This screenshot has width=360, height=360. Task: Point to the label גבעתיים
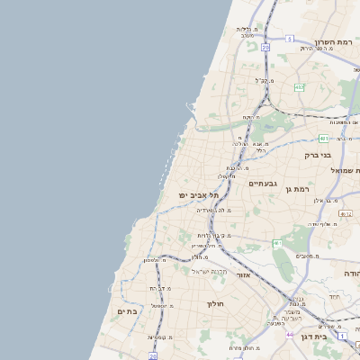[262, 183]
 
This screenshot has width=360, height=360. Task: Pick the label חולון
[219, 304]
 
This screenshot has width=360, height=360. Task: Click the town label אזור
[243, 274]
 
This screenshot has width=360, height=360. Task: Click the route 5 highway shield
[290, 39]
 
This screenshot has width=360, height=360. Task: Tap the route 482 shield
[299, 86]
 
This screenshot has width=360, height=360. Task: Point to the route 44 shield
[290, 334]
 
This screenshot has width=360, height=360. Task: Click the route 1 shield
[344, 336]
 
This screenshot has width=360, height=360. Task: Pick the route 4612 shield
[346, 213]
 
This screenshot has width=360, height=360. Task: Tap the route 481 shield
[323, 139]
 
